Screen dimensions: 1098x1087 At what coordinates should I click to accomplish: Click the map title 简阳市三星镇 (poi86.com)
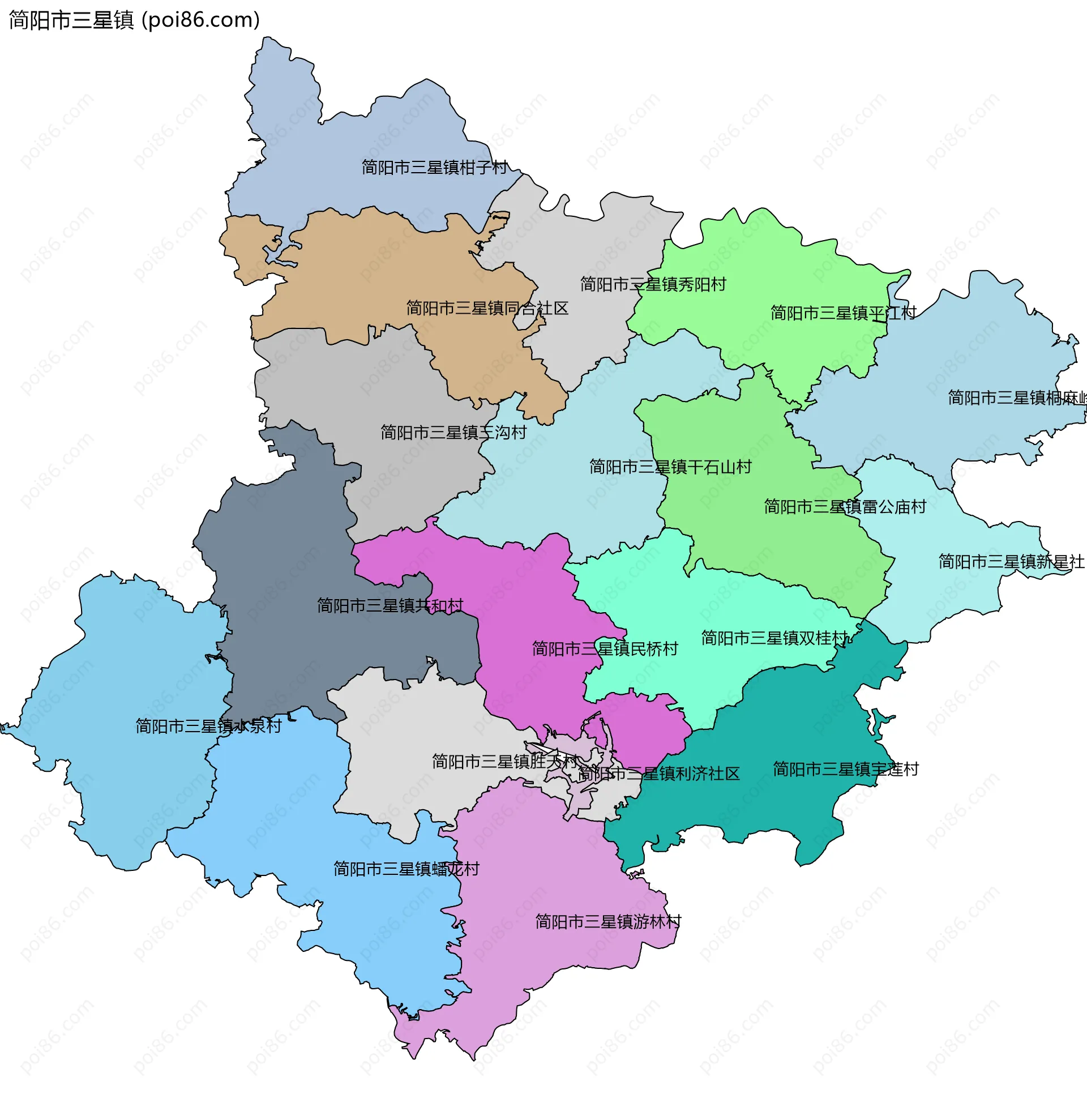point(134,20)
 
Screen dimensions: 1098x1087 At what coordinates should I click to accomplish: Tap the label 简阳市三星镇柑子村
point(435,168)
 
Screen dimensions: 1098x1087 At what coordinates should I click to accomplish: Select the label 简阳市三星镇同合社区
point(487,309)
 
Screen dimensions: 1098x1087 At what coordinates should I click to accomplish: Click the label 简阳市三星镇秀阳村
point(653,285)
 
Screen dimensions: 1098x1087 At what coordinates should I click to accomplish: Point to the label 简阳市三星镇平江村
point(843,313)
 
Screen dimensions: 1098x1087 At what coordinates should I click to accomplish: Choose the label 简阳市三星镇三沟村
point(453,433)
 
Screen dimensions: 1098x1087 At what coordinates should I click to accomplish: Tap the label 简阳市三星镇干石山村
point(670,467)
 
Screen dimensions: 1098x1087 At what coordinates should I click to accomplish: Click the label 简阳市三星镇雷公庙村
point(845,507)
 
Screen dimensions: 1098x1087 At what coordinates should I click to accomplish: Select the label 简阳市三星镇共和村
point(390,606)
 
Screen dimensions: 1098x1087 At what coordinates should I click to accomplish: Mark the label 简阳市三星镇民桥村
point(605,649)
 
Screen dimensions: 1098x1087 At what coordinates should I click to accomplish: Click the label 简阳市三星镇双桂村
point(774,638)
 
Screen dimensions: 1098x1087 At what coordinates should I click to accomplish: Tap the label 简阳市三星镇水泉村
point(208,727)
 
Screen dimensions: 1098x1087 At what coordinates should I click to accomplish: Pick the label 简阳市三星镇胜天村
point(504,762)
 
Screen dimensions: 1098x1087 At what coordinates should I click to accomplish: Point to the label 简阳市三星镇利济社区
point(658,774)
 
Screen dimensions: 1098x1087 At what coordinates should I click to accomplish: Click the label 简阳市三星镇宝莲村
point(845,770)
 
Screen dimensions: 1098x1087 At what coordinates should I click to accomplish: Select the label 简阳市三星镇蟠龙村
point(406,869)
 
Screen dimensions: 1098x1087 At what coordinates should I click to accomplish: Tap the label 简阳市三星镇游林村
point(608,922)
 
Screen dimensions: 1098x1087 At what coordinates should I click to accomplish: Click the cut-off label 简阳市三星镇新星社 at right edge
point(1011,562)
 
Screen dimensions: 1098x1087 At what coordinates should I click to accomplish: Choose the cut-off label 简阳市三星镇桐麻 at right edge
point(1016,398)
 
